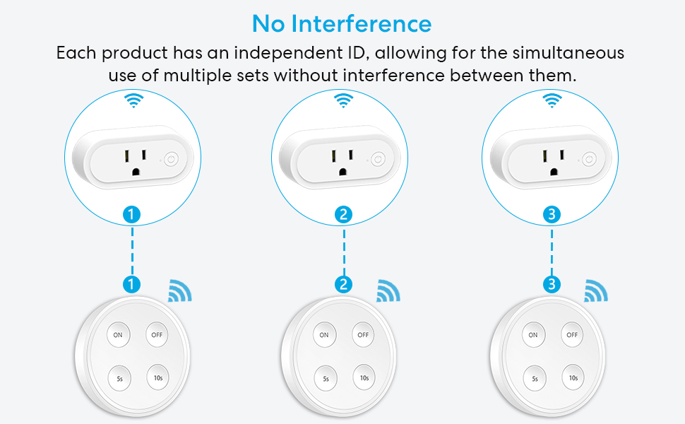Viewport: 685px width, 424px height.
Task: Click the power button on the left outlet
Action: click(x=169, y=160)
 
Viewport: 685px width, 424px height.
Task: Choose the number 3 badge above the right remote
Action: click(x=552, y=285)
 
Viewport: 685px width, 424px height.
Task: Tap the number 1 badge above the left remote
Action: click(x=132, y=285)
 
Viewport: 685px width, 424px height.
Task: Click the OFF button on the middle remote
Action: click(x=363, y=334)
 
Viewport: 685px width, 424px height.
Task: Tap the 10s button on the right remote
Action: click(x=571, y=378)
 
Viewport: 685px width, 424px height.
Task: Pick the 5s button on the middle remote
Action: click(x=326, y=378)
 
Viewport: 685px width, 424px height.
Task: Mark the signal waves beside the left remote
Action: click(x=179, y=291)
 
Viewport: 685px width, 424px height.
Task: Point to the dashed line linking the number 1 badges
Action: click(x=132, y=250)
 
